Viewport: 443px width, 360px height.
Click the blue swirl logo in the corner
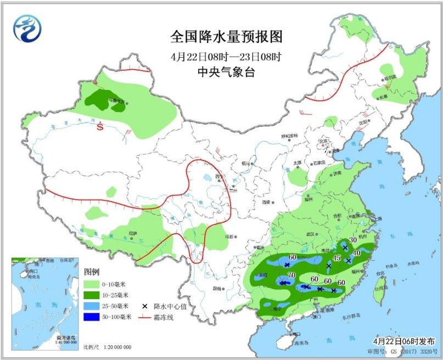coord(27,27)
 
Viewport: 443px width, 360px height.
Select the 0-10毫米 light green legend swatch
coord(91,284)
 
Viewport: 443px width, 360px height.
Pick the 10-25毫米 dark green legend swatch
coord(91,295)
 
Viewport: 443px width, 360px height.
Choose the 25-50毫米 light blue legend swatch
coord(91,306)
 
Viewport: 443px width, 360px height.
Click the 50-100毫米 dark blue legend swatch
coord(91,317)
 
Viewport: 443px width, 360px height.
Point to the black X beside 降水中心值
coord(145,306)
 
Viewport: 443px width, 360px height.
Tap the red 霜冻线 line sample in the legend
coord(145,317)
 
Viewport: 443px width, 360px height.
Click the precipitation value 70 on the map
coord(291,275)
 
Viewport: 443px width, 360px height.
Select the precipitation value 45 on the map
coord(337,258)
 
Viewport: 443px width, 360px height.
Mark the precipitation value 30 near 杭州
coord(353,240)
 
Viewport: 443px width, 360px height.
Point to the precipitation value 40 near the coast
coord(356,253)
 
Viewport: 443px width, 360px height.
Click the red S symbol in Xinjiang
coord(100,127)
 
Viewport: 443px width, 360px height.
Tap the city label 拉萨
coord(132,233)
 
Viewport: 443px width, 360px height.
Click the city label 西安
coord(267,202)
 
